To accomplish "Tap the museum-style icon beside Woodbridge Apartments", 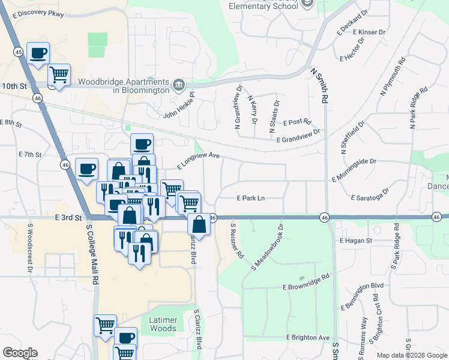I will pyautogui.click(x=179, y=86).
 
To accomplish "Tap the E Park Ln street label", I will pyautogui.click(x=251, y=197).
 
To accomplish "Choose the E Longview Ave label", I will pyautogui.click(x=199, y=160).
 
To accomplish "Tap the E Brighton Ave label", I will pyautogui.click(x=308, y=338).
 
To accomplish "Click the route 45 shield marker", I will pyautogui.click(x=19, y=53).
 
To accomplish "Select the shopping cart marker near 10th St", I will pyautogui.click(x=59, y=76).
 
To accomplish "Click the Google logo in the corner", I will pyautogui.click(x=20, y=353).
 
